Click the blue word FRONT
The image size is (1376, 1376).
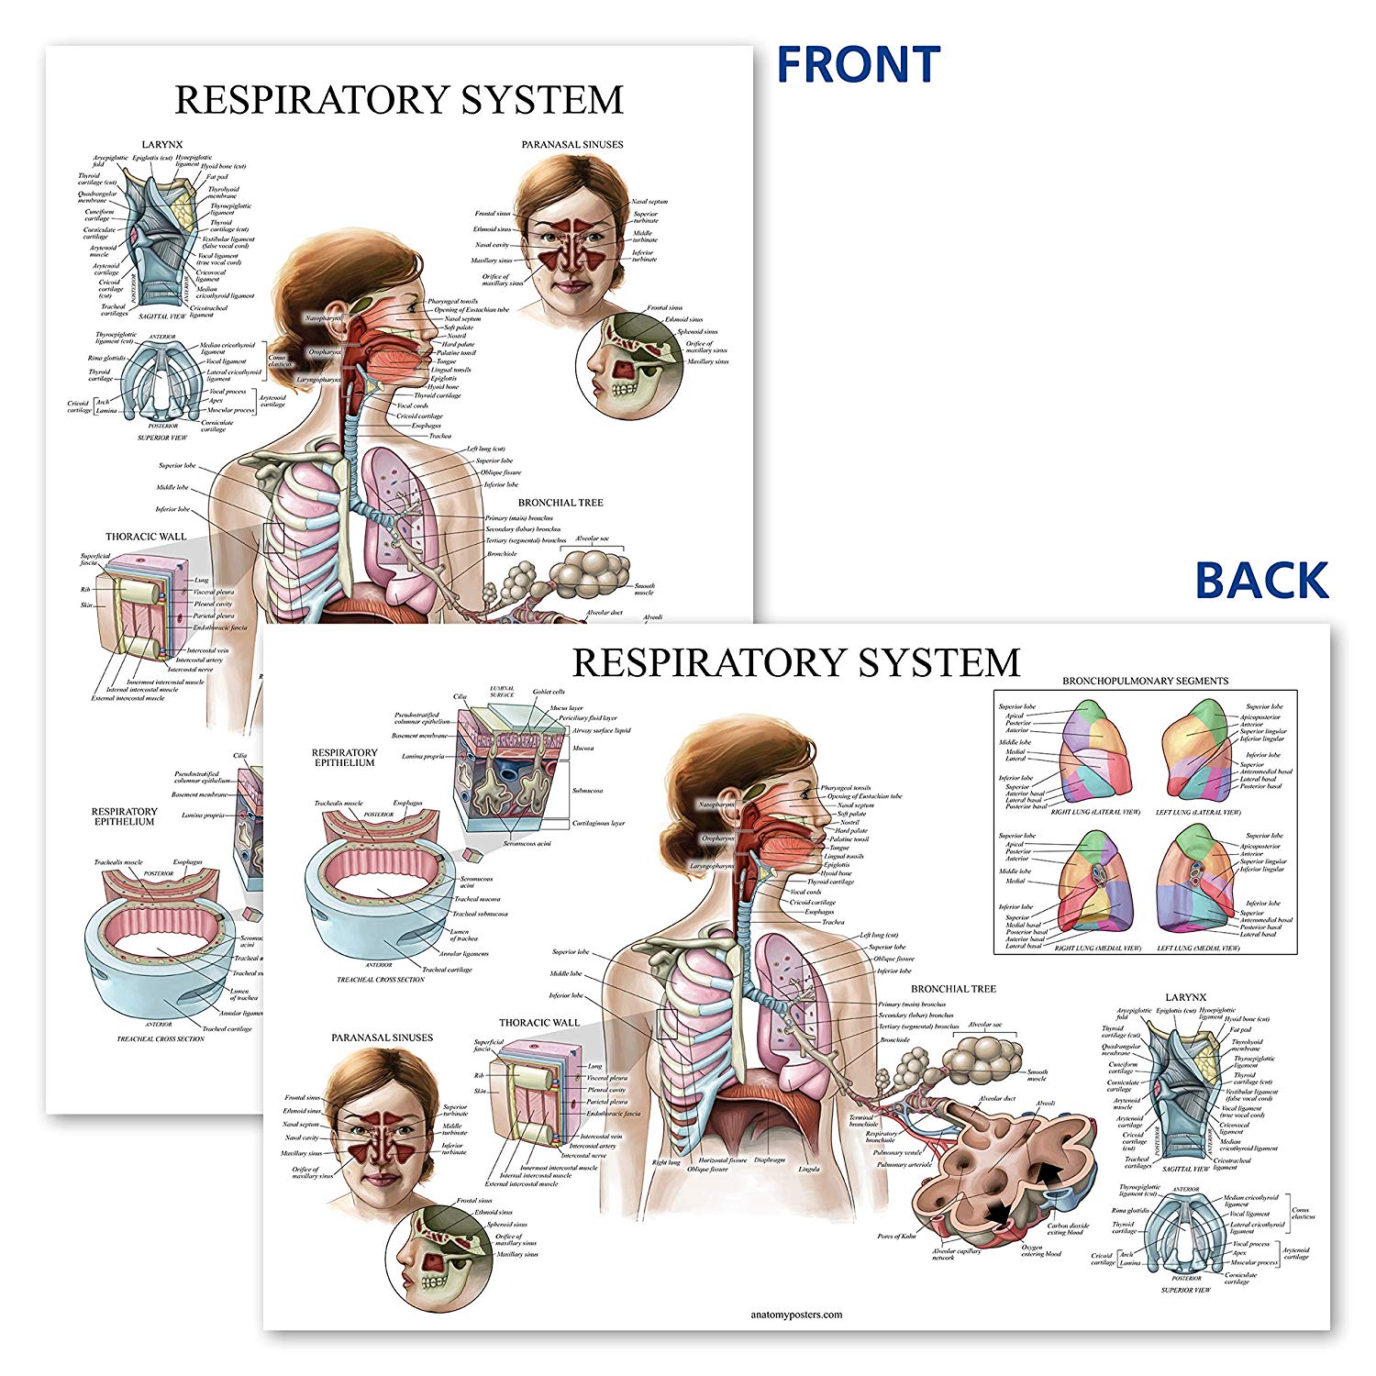click(x=859, y=64)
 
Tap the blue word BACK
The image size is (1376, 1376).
click(x=1261, y=580)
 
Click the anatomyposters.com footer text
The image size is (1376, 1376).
click(x=796, y=1314)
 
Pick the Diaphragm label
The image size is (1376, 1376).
click(x=770, y=1160)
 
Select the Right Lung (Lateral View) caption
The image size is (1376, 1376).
click(x=1095, y=812)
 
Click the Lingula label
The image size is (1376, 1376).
click(x=808, y=1169)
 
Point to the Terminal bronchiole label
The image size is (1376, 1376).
click(x=862, y=1120)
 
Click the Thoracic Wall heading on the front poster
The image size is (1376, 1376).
click(x=146, y=537)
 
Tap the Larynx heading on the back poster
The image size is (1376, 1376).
click(x=1186, y=996)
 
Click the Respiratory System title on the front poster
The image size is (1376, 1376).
click(x=399, y=99)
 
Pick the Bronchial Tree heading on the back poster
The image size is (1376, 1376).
click(x=953, y=989)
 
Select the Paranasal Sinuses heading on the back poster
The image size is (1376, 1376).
click(x=382, y=1038)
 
